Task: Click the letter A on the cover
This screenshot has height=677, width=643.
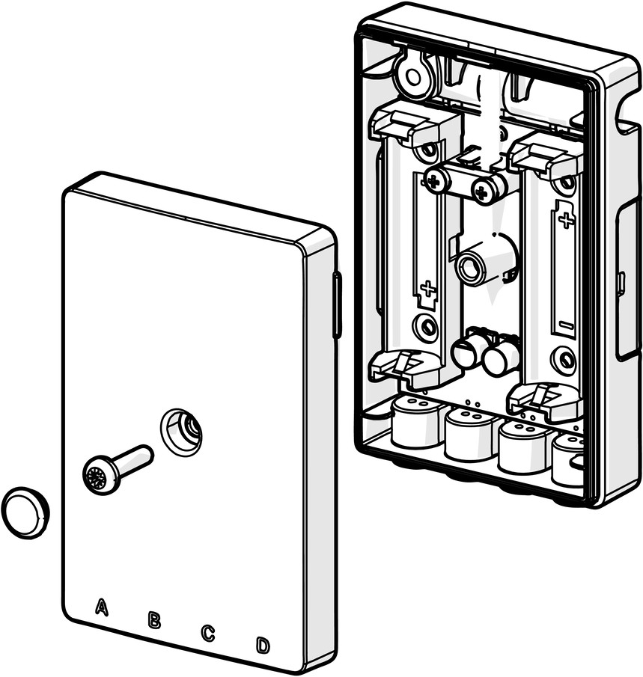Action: tap(101, 607)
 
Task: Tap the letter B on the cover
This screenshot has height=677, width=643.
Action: tap(154, 619)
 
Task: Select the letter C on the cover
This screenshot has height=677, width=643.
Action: tap(207, 633)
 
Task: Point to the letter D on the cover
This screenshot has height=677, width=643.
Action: tap(263, 646)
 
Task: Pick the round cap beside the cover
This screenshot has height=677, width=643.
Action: tap(25, 513)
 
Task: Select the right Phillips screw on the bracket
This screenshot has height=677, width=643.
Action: tap(483, 189)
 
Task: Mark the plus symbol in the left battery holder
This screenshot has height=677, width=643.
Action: tap(428, 289)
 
